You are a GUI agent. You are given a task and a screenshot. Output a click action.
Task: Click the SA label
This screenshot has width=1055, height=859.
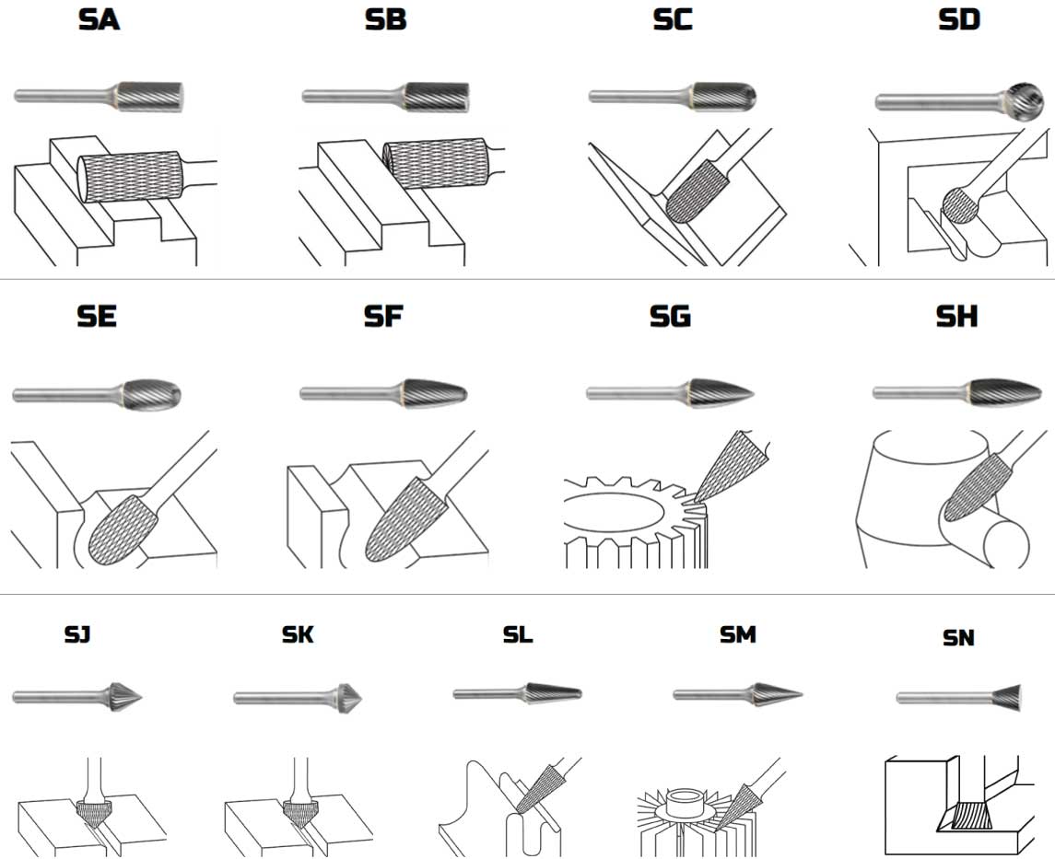99,20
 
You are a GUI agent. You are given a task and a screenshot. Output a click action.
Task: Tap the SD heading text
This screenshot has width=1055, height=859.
958,20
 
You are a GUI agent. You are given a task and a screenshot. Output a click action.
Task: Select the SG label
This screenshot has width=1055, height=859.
670,317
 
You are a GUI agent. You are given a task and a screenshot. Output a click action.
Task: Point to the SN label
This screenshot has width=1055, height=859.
958,637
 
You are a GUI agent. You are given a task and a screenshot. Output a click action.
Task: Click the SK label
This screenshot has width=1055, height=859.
298,634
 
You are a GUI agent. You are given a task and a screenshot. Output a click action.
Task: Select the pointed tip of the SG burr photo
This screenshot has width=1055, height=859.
750,393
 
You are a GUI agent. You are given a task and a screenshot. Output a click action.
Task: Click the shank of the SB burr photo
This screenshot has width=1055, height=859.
350,95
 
